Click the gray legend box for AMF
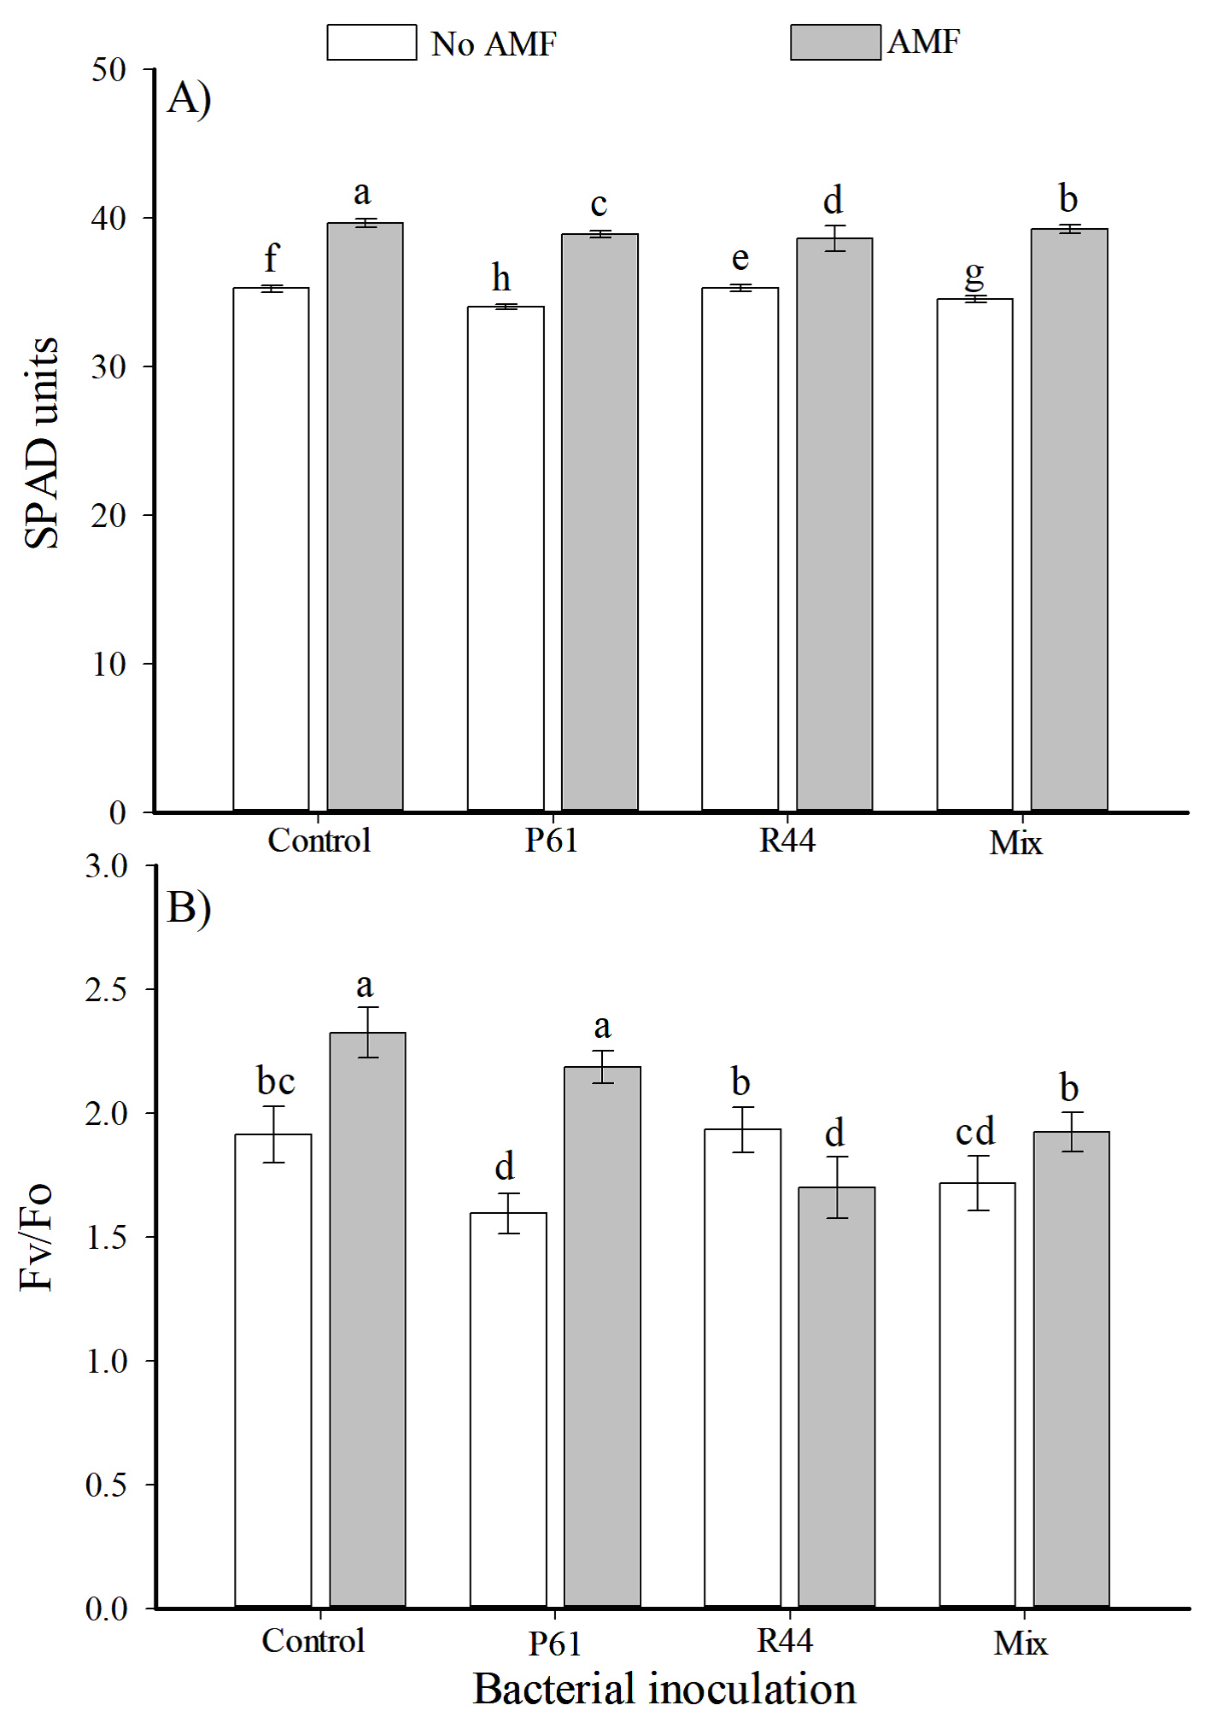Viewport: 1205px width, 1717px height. [834, 42]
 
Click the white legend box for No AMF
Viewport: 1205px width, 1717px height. [371, 42]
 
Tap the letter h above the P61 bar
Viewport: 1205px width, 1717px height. [501, 278]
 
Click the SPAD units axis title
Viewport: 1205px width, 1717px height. [41, 442]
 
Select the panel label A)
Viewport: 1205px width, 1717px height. [189, 97]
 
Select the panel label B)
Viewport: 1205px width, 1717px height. [189, 906]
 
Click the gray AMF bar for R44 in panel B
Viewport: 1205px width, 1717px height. [836, 1397]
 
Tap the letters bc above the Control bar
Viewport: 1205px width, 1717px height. [275, 1081]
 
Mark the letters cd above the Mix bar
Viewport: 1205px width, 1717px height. [975, 1132]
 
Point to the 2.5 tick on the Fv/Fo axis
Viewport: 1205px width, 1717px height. [106, 989]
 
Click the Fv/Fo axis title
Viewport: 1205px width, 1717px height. [36, 1236]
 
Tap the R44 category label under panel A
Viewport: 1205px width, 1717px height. [787, 841]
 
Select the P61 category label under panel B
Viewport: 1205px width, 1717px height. [554, 1643]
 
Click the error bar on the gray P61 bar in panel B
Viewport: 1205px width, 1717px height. [603, 1066]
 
